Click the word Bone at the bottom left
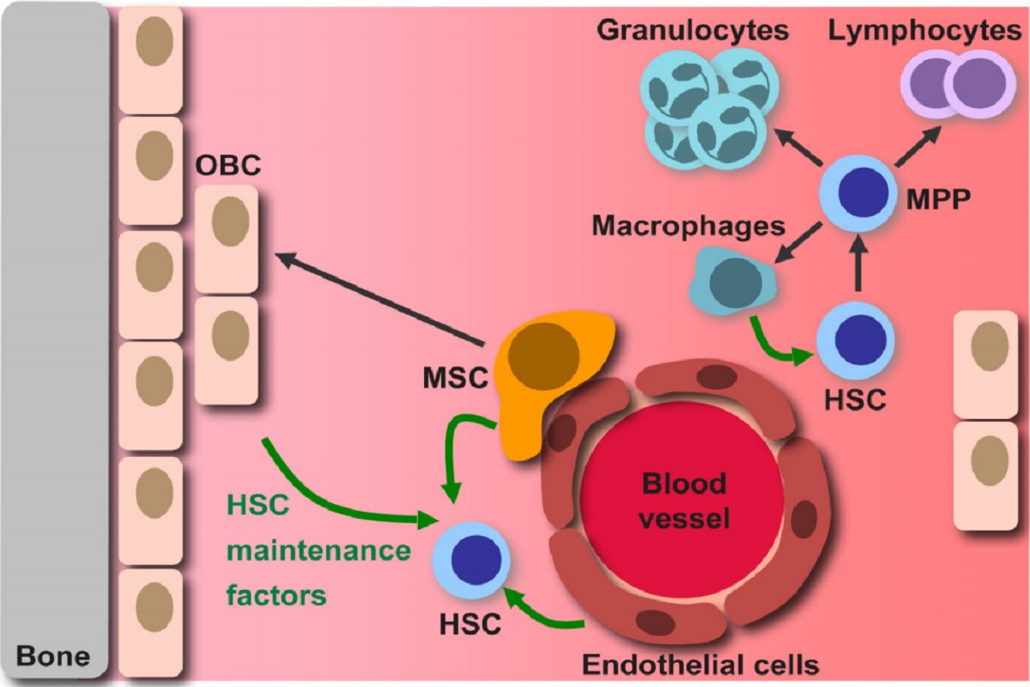coord(53,658)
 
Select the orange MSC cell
coord(549,369)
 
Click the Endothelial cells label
coord(700,664)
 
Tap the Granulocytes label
coord(693,31)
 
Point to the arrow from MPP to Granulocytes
coord(799,145)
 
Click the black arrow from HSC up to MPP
coord(858,266)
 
